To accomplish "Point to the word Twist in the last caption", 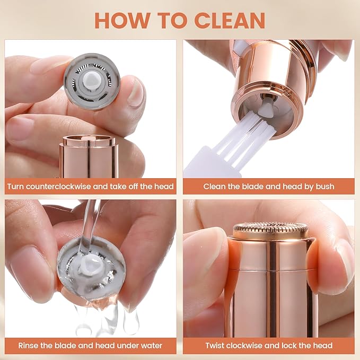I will pyautogui.click(x=216, y=346).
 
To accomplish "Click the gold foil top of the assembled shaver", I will pyautogui.click(x=271, y=229).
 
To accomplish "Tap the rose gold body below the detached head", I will pyautogui.click(x=89, y=156).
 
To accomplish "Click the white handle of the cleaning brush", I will pyautogui.click(x=212, y=164).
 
